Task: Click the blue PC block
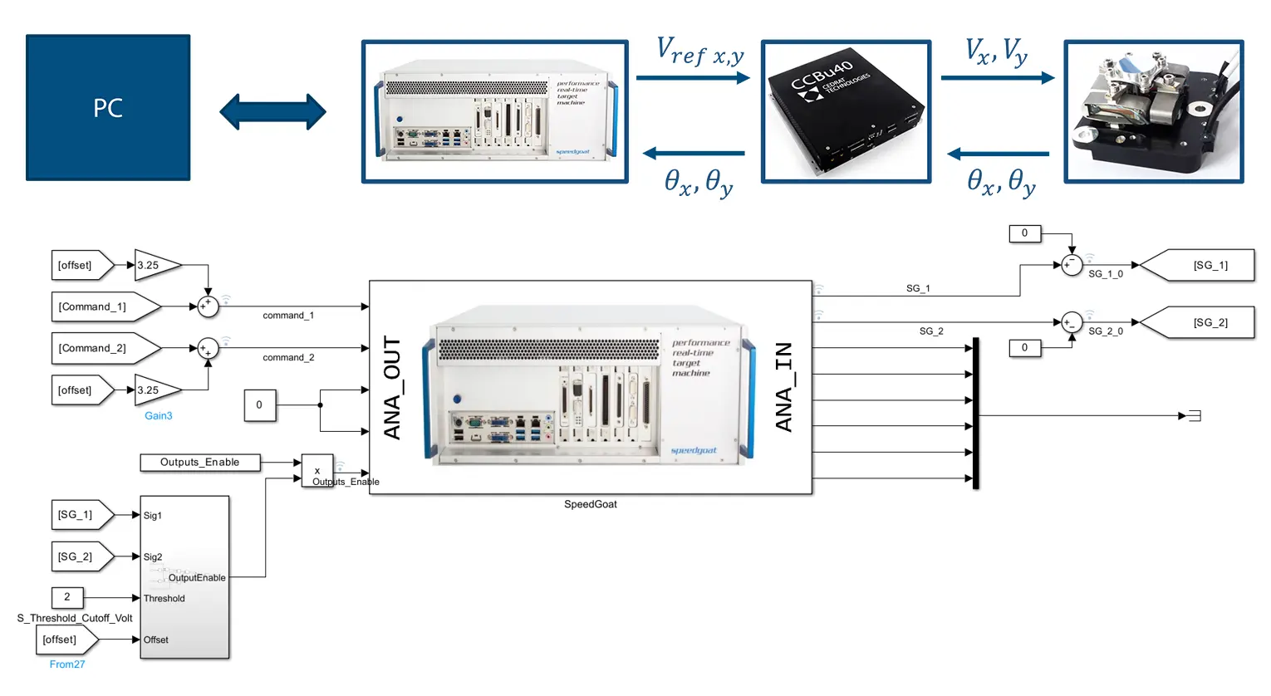coord(108,107)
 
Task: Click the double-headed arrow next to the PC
coord(272,111)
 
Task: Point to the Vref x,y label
coord(699,51)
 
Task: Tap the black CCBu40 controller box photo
coord(846,111)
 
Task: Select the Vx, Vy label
coord(996,51)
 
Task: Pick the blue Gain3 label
coord(158,416)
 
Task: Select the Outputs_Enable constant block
coord(199,463)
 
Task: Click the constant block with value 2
coord(67,597)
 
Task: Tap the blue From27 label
coord(67,664)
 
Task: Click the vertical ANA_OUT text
coord(392,388)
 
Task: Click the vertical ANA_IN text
coord(783,387)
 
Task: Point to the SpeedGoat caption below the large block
coord(590,504)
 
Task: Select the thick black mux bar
coord(975,413)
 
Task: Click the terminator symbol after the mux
coord(1195,416)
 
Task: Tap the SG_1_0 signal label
coord(1105,274)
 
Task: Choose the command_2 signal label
coord(288,358)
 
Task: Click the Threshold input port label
coord(164,599)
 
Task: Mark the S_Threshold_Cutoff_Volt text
coord(75,619)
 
